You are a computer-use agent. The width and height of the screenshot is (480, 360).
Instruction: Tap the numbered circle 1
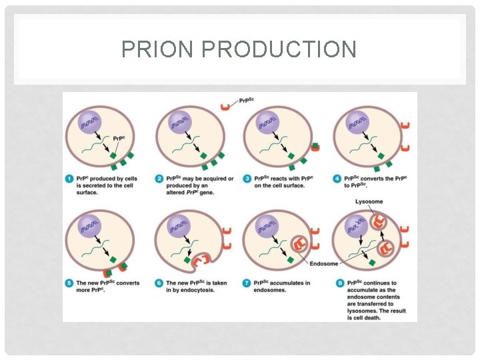(69, 179)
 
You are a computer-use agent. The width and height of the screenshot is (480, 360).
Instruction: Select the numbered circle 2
(159, 179)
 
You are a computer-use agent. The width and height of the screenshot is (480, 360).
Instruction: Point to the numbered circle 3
(247, 179)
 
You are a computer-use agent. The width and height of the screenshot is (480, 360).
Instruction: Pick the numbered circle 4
(337, 179)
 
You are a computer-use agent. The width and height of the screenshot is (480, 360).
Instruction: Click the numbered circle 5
(69, 283)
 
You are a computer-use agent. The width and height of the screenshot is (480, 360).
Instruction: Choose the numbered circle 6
(159, 283)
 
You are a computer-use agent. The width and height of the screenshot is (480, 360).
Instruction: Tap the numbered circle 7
(247, 283)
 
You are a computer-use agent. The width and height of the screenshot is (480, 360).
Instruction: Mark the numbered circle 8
(337, 283)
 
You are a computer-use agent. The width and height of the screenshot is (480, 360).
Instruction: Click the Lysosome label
(369, 201)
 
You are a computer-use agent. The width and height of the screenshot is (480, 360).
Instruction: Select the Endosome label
(323, 264)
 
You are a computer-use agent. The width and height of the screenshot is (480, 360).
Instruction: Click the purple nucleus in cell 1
(90, 123)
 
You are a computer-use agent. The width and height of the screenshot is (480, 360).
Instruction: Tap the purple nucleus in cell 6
(179, 227)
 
